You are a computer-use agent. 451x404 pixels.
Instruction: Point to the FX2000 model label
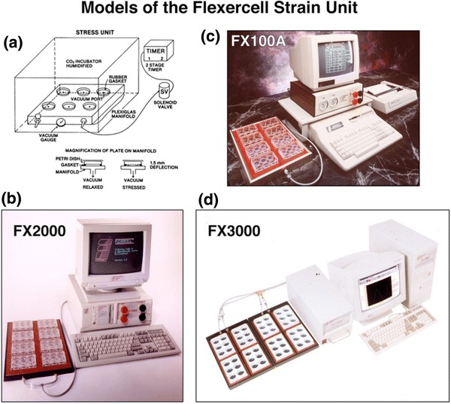point(41,229)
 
